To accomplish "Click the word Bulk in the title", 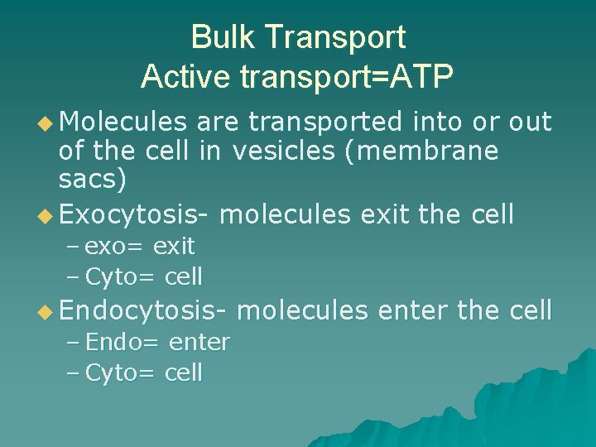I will (x=217, y=38).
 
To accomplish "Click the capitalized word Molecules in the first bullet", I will (x=123, y=123).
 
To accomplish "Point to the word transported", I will (x=326, y=123).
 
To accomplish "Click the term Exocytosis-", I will (x=133, y=214).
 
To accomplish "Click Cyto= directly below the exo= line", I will (x=121, y=276).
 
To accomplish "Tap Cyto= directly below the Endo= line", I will (x=121, y=373).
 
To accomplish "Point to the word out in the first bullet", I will (x=530, y=123).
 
